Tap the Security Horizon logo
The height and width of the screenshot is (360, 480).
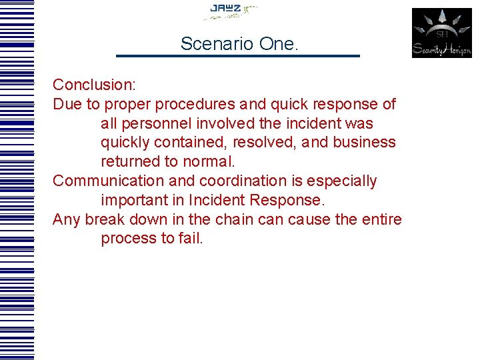(441, 33)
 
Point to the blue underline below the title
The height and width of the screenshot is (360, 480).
(238, 56)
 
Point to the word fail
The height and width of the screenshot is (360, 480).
(190, 239)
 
